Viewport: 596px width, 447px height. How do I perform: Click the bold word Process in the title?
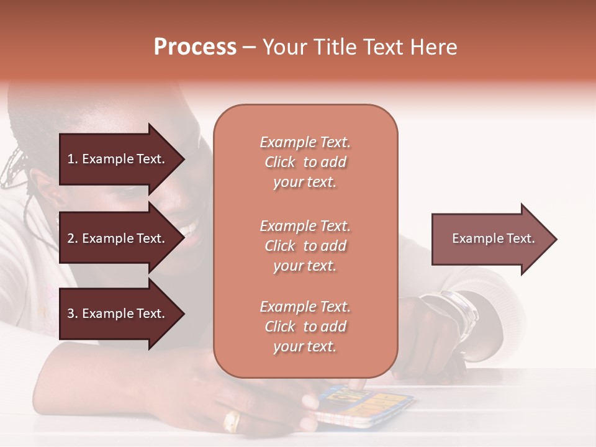coord(195,47)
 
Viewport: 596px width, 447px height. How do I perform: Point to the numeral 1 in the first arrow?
coord(71,159)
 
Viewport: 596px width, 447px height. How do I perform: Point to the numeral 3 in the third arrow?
coord(71,314)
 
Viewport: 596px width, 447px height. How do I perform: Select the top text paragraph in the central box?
coord(305,162)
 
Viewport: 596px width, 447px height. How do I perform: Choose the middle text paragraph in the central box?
coord(305,246)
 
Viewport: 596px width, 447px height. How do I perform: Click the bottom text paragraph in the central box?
coord(305,327)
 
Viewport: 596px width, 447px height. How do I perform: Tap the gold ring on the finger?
coord(231,421)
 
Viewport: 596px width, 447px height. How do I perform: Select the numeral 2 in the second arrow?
coord(71,238)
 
